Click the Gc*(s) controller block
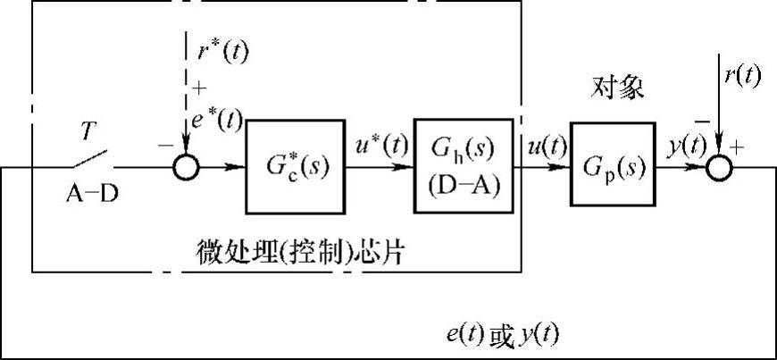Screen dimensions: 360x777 click(x=293, y=166)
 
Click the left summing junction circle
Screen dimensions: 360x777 click(x=186, y=166)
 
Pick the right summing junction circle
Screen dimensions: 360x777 click(x=720, y=166)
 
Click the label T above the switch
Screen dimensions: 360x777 click(x=88, y=131)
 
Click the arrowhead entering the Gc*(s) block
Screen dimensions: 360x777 click(x=241, y=166)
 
